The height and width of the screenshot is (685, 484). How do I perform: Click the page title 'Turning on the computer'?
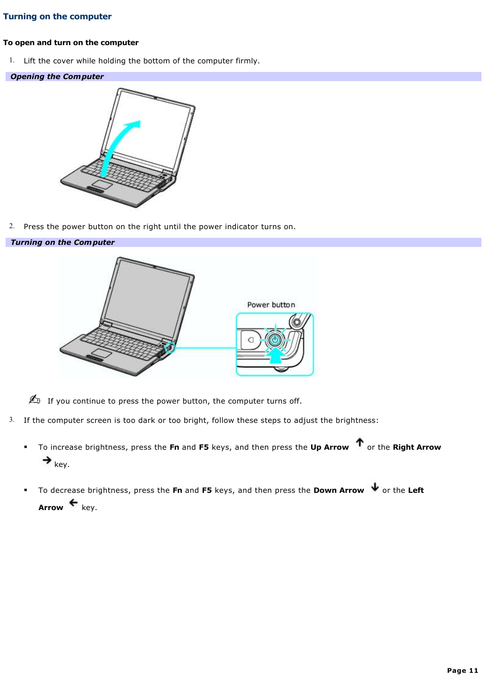(x=57, y=16)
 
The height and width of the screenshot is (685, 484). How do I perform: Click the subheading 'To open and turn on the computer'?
(x=71, y=43)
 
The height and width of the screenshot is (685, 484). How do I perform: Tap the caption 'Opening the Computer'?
(x=57, y=77)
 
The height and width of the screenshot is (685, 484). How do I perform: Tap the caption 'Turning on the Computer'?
(x=62, y=242)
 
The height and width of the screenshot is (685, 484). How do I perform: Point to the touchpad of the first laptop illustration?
(x=102, y=185)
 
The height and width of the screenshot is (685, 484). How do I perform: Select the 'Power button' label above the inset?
(x=271, y=305)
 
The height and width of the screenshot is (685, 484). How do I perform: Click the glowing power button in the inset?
(x=275, y=340)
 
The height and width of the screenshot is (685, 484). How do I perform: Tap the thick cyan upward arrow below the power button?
(x=275, y=355)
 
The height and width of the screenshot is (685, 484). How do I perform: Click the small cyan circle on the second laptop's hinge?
(x=170, y=348)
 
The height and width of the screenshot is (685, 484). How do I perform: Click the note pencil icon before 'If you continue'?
(x=34, y=400)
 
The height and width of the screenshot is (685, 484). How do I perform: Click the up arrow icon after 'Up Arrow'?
(x=360, y=443)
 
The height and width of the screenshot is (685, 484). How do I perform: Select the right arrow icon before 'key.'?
(x=47, y=460)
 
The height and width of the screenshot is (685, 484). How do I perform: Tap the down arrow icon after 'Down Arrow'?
(x=375, y=487)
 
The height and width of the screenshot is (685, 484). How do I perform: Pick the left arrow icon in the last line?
(x=74, y=503)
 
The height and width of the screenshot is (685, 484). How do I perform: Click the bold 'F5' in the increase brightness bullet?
(x=203, y=447)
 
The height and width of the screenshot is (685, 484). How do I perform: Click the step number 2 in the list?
(x=12, y=226)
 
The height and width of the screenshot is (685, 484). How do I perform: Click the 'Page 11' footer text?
(x=462, y=670)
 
